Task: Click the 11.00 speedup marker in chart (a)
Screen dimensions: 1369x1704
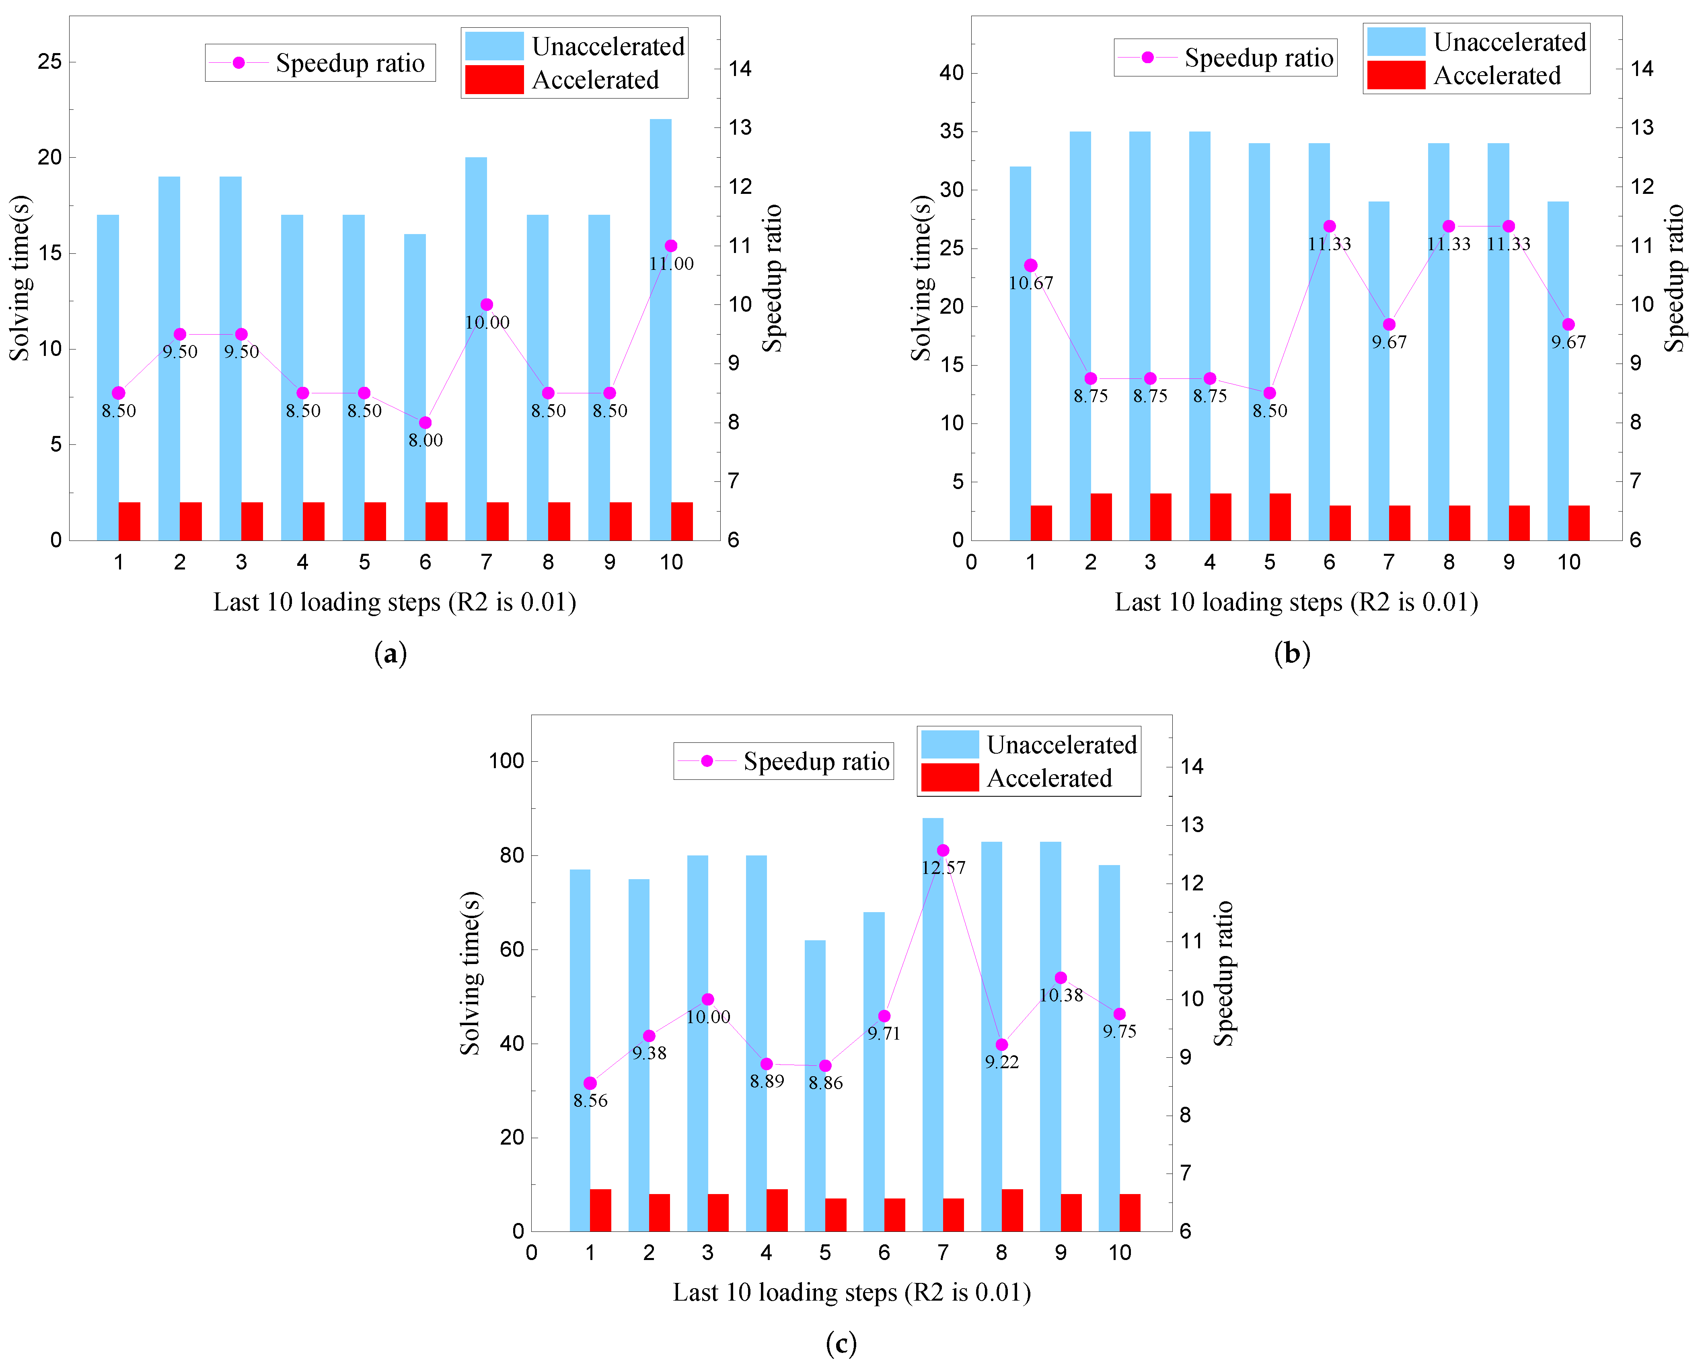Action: click(x=671, y=246)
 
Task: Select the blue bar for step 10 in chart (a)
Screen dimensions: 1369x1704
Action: click(x=661, y=316)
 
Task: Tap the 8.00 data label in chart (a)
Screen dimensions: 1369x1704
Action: click(x=425, y=440)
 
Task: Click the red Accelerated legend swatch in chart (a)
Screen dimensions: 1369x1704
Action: click(x=494, y=80)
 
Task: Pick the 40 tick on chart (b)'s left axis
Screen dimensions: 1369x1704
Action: click(x=952, y=73)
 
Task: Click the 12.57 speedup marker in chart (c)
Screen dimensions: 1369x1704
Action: click(x=943, y=851)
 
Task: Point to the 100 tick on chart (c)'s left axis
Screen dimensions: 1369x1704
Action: click(x=506, y=761)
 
